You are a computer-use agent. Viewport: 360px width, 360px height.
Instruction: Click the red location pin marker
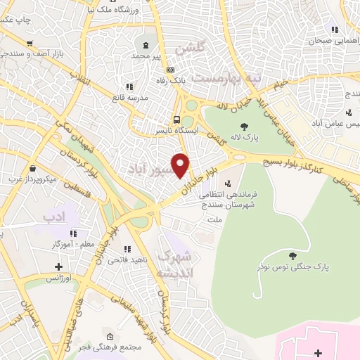point(181,165)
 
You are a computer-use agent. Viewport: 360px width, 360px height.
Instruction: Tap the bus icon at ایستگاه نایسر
point(176,119)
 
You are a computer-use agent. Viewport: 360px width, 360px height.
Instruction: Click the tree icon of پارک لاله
point(244,126)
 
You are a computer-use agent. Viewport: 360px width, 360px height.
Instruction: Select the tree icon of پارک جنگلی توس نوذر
point(292,255)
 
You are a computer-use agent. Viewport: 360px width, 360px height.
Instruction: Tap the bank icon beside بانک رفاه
point(170,70)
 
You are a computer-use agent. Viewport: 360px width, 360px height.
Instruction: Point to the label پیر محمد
point(150,55)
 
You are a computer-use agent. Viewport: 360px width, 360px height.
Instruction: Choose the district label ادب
point(53,212)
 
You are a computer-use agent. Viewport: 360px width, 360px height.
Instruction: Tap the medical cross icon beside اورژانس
point(58,266)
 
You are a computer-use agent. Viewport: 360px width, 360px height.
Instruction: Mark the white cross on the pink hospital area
point(317,352)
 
